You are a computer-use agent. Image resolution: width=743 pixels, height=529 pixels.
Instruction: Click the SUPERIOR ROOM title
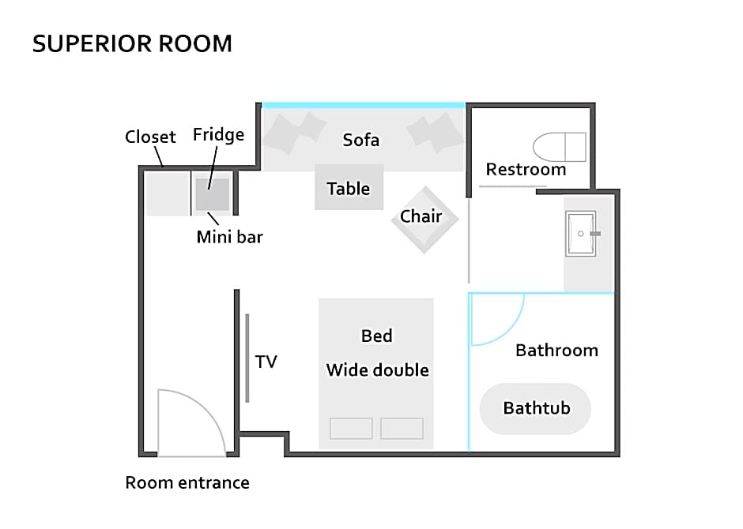132,43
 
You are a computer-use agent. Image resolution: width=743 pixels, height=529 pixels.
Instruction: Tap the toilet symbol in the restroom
560,147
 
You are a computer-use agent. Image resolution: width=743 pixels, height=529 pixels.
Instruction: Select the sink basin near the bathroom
581,234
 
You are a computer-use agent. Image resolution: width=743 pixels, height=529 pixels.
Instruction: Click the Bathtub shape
535,409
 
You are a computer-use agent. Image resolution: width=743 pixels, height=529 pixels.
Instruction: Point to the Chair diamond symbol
424,219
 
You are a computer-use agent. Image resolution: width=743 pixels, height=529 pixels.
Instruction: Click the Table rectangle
349,187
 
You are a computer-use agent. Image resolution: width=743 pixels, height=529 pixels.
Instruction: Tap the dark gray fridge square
213,194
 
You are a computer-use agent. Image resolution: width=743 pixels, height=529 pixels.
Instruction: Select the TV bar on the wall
247,358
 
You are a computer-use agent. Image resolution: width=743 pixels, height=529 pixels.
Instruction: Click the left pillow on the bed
351,428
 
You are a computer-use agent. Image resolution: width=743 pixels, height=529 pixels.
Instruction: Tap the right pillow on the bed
402,428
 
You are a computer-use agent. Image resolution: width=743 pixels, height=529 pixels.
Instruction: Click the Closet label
150,137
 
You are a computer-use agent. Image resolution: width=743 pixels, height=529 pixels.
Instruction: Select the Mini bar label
230,237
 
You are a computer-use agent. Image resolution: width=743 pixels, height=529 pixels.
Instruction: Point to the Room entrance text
187,482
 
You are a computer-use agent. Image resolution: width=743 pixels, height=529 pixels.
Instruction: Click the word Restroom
526,170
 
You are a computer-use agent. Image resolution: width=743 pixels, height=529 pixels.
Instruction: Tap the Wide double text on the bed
378,370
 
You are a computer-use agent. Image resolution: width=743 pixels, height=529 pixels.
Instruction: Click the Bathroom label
556,351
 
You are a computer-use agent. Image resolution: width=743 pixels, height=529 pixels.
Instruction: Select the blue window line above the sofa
364,106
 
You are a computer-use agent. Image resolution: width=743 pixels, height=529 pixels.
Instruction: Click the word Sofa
361,140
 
